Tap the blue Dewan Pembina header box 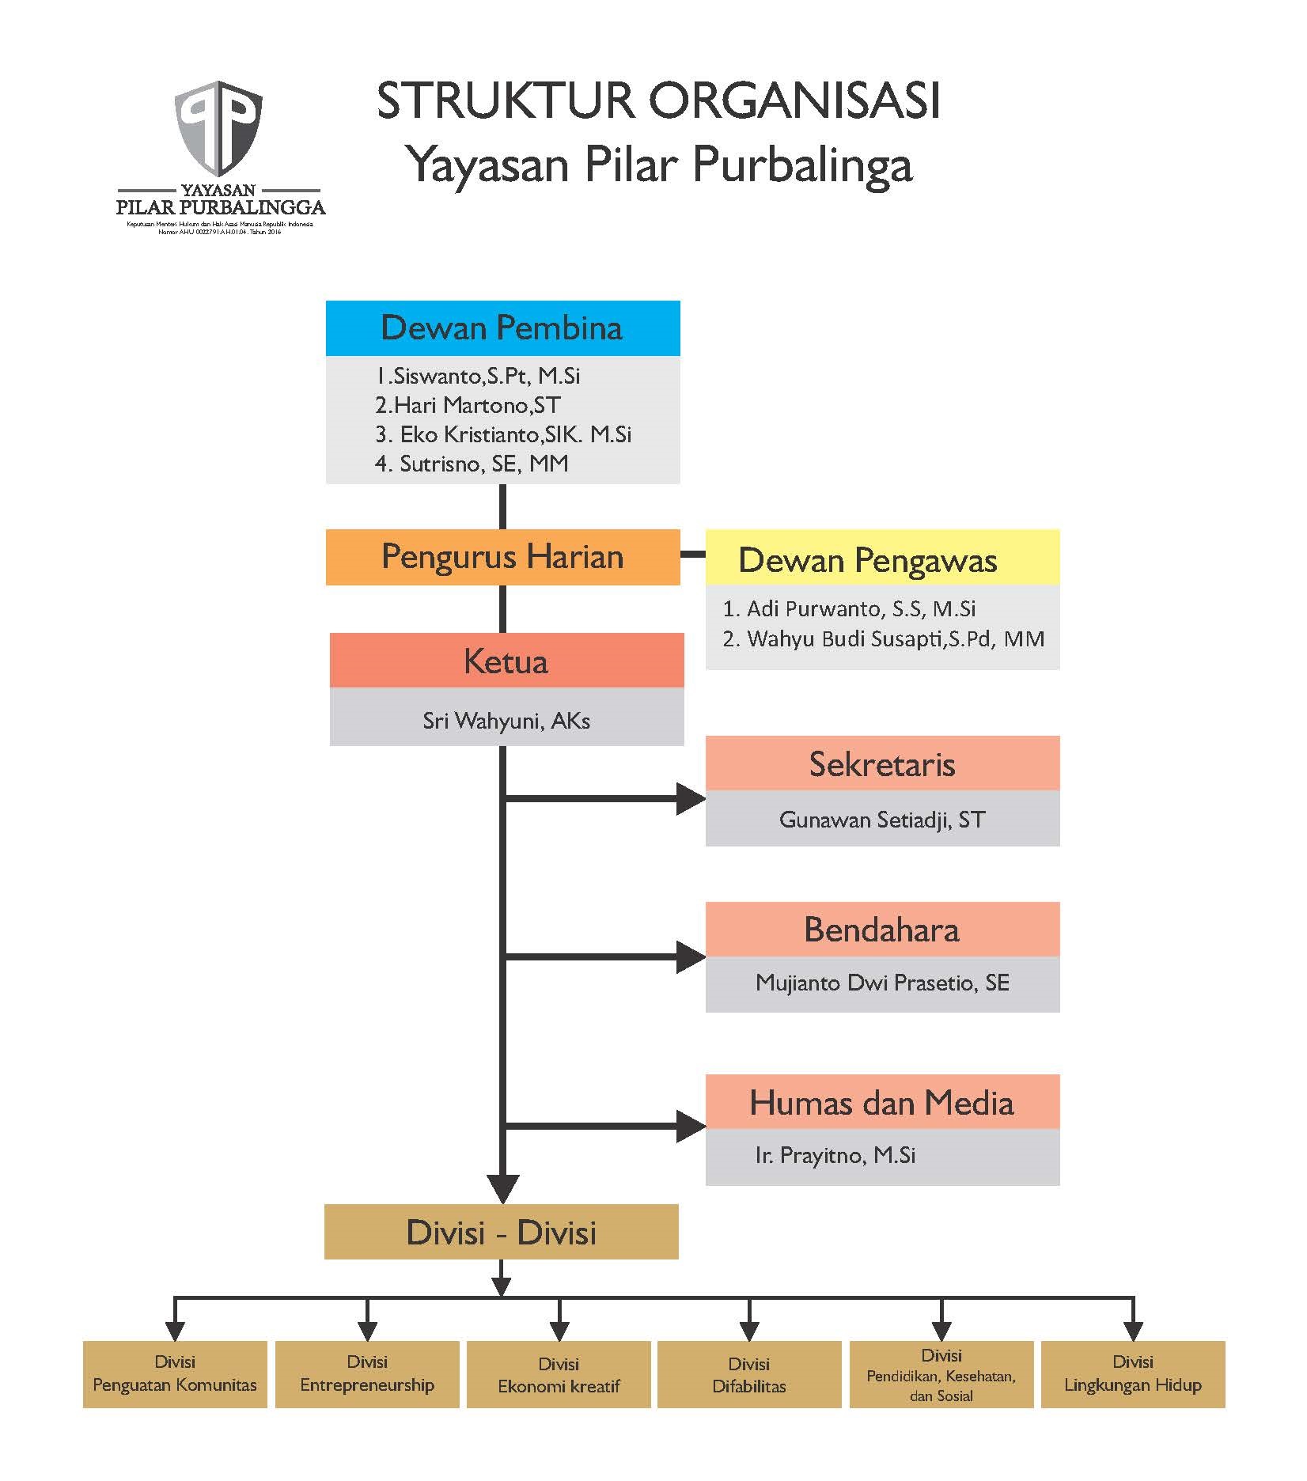(502, 328)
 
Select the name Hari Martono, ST (468, 405)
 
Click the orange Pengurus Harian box (502, 557)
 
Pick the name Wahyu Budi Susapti (883, 638)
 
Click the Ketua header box (506, 661)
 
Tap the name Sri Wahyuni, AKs (506, 721)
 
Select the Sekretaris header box (882, 764)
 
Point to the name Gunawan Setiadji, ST (882, 820)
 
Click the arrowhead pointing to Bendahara (690, 957)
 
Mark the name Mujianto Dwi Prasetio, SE (882, 983)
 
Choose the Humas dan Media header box (882, 1102)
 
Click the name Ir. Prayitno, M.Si (835, 1156)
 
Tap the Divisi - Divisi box (502, 1233)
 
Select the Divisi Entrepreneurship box (367, 1374)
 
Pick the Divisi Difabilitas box (749, 1374)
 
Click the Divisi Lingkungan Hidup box (1133, 1374)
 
